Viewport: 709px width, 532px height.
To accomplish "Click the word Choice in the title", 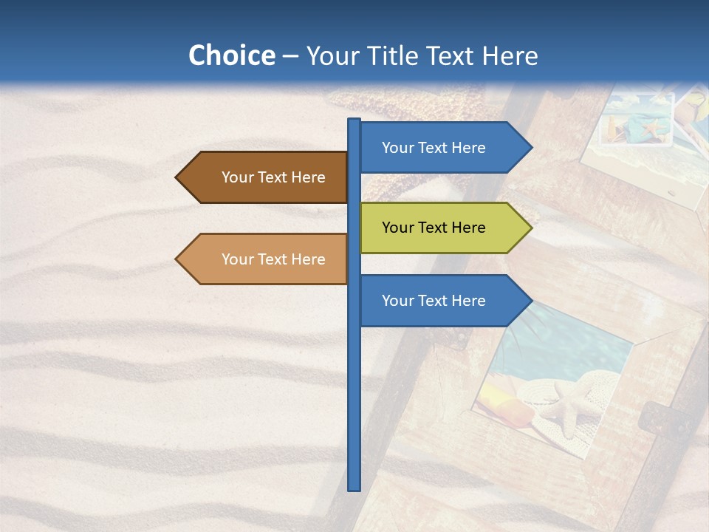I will tap(231, 56).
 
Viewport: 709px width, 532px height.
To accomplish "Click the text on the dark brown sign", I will tap(273, 177).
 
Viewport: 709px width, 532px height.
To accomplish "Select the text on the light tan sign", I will tap(273, 259).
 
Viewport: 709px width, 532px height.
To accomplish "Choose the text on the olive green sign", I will tap(434, 228).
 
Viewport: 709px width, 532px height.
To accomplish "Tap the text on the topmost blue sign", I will tap(434, 148).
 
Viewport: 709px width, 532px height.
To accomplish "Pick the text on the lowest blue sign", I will tap(434, 301).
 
